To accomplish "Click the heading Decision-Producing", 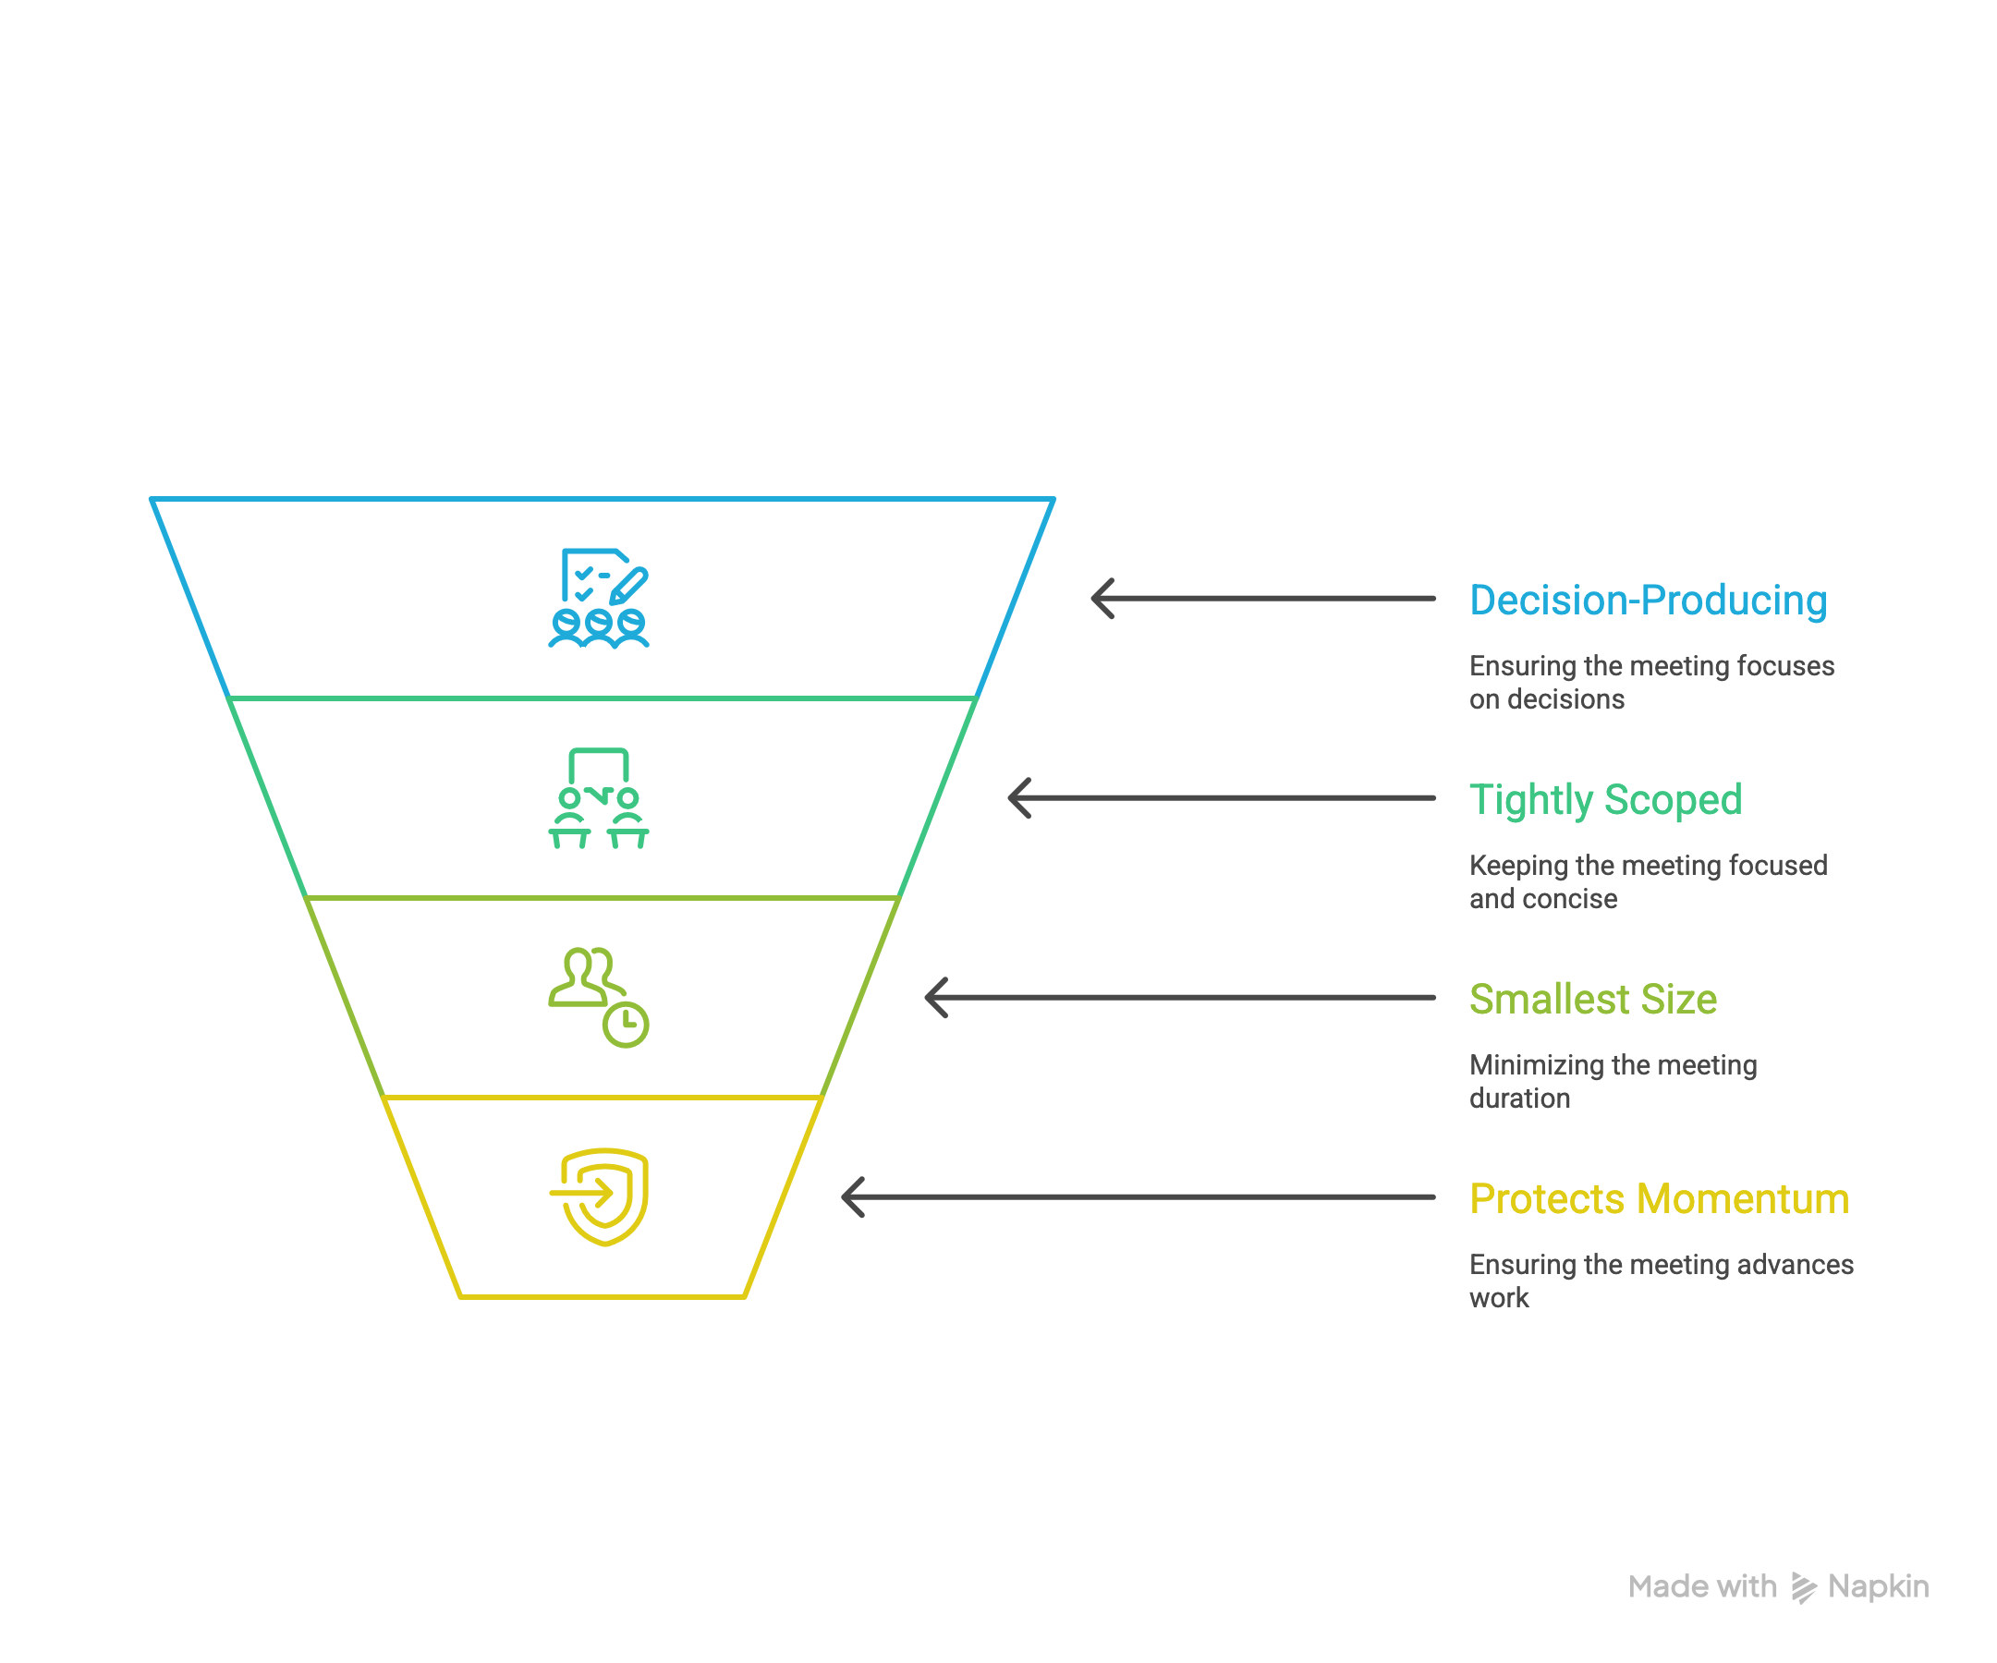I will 1647,601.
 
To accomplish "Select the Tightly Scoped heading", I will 1605,801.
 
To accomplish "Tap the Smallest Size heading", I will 1592,1000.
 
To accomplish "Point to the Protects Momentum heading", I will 1659,1199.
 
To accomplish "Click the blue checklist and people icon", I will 598,599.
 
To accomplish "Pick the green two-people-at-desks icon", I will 598,798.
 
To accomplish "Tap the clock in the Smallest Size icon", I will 626,1024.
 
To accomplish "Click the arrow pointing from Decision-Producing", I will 1262,599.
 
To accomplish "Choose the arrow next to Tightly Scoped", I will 1221,798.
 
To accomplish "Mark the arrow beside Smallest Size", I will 1179,999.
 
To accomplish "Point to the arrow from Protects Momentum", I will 1139,1198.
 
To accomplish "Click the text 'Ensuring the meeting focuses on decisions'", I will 1650,683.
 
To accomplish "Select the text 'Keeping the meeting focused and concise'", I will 1647,882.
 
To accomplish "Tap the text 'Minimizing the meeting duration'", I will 1612,1082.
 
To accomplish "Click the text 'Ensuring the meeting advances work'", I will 1661,1281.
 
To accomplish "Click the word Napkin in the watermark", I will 1877,1587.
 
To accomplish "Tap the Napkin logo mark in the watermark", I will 1803,1588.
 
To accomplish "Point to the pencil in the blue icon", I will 629,586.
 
